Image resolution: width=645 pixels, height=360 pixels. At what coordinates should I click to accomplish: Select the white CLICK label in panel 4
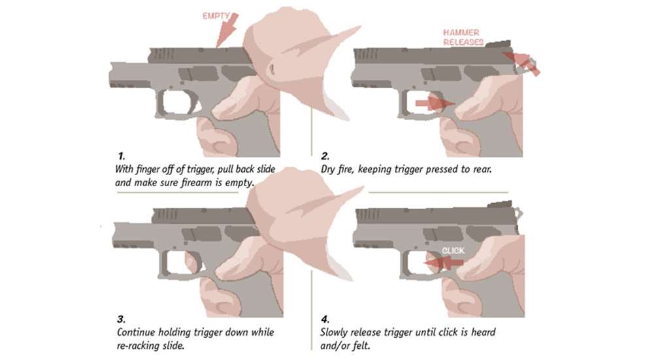[454, 251]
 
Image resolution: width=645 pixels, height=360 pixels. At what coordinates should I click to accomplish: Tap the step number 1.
[121, 155]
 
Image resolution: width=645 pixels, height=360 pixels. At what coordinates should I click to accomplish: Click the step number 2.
[325, 155]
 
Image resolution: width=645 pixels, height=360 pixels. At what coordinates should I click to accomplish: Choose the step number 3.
[121, 320]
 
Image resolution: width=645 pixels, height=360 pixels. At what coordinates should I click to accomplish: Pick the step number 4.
[325, 320]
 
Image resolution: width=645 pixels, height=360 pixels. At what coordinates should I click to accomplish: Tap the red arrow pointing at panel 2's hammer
[526, 63]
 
